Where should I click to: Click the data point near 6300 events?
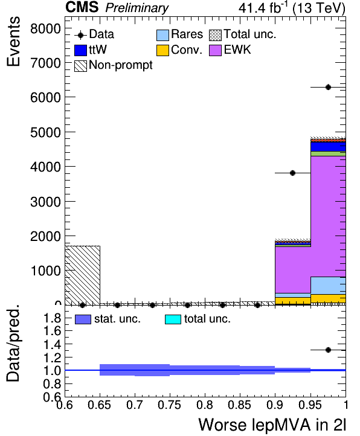coord(328,88)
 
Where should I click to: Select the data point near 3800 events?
coord(293,173)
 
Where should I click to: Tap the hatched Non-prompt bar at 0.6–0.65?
coord(83,275)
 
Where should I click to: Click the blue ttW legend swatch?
coord(81,50)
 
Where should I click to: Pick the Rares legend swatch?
coord(162,35)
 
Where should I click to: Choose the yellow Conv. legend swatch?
coord(162,50)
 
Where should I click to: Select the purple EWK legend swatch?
coord(215,50)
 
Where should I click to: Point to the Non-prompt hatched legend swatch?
coord(81,66)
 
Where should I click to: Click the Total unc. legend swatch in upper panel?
coord(215,35)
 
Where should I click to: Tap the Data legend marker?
coord(81,35)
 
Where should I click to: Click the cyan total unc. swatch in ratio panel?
coord(173,319)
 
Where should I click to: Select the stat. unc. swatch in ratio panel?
coord(83,319)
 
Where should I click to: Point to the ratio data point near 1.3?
coord(328,350)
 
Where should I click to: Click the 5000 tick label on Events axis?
coord(45,132)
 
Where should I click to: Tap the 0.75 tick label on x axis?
coord(169,405)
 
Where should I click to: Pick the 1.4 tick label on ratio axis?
coord(52,345)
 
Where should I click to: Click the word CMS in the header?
coord(82,7)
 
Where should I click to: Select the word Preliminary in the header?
coord(137,8)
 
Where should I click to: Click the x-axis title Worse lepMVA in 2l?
coord(272,425)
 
